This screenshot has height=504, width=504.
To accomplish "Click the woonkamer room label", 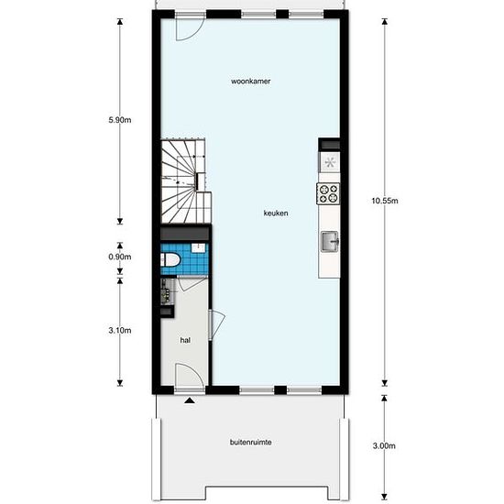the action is pos(251,82).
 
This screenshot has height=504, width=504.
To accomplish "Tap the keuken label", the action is pos(276,214).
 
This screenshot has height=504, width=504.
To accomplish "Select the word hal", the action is pos(185,340).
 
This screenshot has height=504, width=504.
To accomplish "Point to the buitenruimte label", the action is pos(251,443).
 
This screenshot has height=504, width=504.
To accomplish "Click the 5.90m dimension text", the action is pos(120,120).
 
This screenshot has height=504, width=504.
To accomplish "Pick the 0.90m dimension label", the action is pos(120,257).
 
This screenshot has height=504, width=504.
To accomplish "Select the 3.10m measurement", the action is pos(120,331).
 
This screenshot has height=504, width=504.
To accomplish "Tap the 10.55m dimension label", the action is pos(385,201).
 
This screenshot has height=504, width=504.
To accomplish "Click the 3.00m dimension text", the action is pos(384,446).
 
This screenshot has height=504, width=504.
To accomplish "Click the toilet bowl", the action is pos(170,259).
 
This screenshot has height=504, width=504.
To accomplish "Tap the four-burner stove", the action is pos(328,193).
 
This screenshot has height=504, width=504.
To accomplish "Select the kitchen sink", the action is pos(330,241).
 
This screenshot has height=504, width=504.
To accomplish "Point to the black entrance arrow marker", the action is pos(190,400).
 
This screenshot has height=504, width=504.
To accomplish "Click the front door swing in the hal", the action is pos(190,375).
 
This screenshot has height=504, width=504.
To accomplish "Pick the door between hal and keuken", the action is pos(217,324).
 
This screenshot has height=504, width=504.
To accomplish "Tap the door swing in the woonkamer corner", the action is pos(190,29).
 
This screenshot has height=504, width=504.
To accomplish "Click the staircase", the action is pos(186,181).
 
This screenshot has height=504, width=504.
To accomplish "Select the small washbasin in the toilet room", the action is pos(198,248).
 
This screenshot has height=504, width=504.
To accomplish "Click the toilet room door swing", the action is pos(192,284).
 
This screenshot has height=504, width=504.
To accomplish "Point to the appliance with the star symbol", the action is pos(330,162).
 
